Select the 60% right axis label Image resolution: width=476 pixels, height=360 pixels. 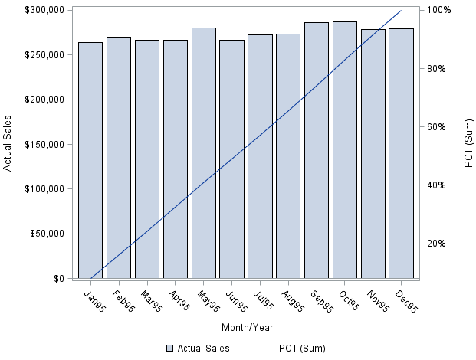tap(438, 126)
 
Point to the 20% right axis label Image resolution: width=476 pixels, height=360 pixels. tap(438, 244)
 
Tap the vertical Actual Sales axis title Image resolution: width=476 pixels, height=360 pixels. tap(8, 144)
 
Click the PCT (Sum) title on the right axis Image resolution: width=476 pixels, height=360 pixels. tap(468, 144)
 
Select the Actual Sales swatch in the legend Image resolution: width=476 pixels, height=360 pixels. tap(169, 349)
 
